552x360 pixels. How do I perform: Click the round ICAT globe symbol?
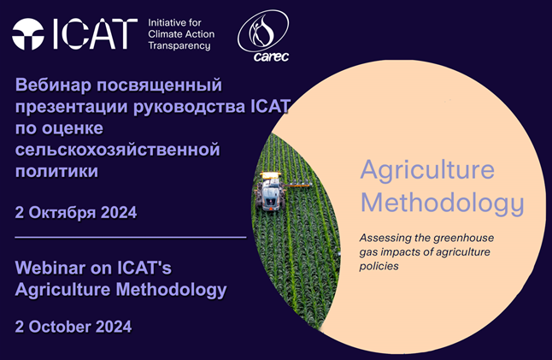pos(28,34)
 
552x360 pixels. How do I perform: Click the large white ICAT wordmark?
pos(94,34)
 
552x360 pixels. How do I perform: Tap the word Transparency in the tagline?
pos(179,46)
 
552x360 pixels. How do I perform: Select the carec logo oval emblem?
pos(263,32)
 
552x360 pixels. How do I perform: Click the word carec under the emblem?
pos(271,56)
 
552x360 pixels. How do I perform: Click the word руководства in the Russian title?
pos(190,106)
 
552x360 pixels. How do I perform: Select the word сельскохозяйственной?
pos(118,150)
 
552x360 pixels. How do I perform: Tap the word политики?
pos(56,171)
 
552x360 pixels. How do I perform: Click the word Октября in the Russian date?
pos(62,213)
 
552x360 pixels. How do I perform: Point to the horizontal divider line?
pos(130,238)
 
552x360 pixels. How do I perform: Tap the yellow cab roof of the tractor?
pos(270,174)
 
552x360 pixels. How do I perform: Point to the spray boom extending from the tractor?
pos(298,184)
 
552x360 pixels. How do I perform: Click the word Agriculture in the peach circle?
pos(427,171)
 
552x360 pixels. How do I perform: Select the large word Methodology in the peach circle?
pos(442,203)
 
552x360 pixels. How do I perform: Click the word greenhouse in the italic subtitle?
pos(464,239)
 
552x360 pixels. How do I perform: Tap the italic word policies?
pos(379,266)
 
